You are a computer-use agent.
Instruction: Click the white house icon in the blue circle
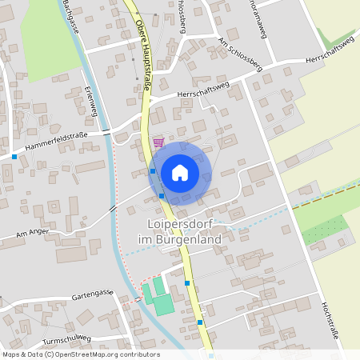pos(180,172)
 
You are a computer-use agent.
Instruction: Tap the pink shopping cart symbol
pos(158,142)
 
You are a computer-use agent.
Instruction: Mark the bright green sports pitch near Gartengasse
pos(162,303)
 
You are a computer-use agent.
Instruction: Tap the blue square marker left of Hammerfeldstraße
pos(14,157)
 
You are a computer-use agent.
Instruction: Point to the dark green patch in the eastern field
pos(325,230)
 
